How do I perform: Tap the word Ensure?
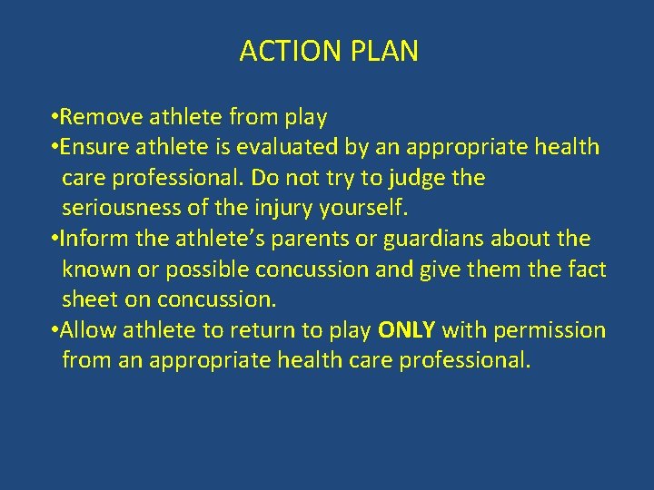tap(95, 147)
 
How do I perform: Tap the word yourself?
tap(363, 209)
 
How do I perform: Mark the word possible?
tap(206, 270)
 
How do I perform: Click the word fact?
tap(588, 270)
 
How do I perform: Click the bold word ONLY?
tap(407, 330)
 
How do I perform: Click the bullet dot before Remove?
tap(56, 118)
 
